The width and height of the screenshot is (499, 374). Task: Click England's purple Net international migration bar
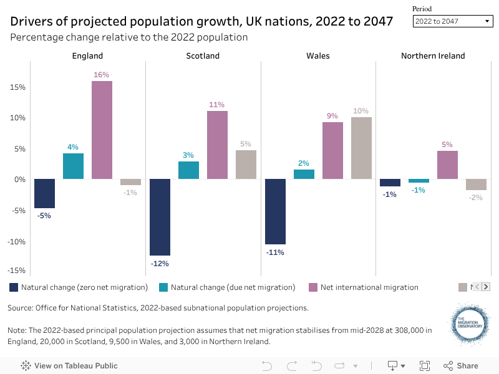(102, 130)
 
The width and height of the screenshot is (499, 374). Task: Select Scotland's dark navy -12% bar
(160, 217)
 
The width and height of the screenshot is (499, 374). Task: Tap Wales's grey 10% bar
(361, 148)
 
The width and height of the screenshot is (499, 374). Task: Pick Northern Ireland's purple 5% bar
(447, 165)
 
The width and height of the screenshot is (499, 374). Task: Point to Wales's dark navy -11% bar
(275, 211)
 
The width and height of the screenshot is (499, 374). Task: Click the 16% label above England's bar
(102, 75)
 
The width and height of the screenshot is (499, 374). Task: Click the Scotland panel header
(203, 56)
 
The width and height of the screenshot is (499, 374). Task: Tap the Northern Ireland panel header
(433, 56)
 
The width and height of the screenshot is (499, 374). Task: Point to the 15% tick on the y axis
(17, 87)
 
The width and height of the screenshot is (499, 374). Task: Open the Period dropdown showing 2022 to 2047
(453, 21)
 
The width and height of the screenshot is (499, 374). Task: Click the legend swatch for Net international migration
(314, 287)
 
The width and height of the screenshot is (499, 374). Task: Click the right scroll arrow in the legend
(485, 287)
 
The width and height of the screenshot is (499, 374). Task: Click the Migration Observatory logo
(470, 324)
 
